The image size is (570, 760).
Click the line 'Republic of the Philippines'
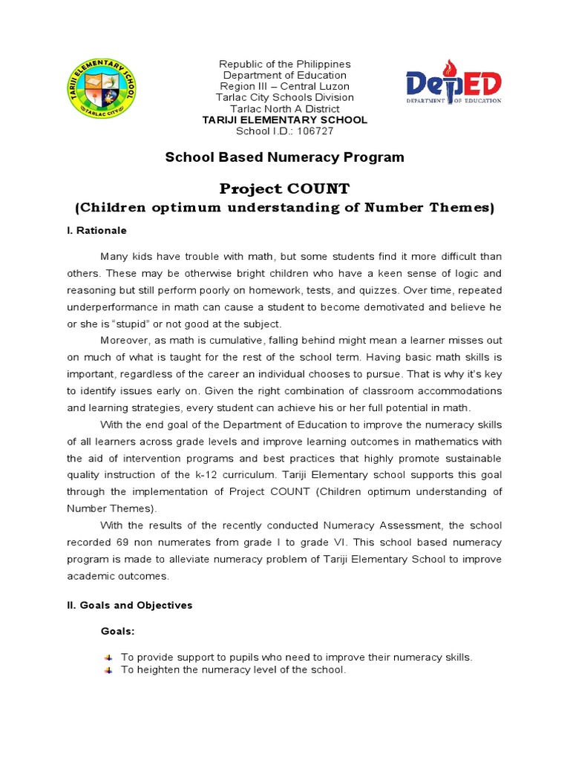pos(285,65)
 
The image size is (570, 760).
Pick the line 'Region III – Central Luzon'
pos(285,87)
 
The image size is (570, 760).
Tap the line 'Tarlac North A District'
pos(285,109)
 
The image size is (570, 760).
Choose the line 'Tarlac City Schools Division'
pos(285,98)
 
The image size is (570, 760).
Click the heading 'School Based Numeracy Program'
pos(284,157)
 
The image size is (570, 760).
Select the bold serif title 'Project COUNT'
pos(285,189)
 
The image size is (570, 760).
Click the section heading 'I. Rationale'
pos(96,231)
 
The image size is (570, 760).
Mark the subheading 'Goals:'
pos(117,632)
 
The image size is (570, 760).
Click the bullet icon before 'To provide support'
pos(108,658)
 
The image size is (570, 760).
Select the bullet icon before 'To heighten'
pos(108,670)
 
